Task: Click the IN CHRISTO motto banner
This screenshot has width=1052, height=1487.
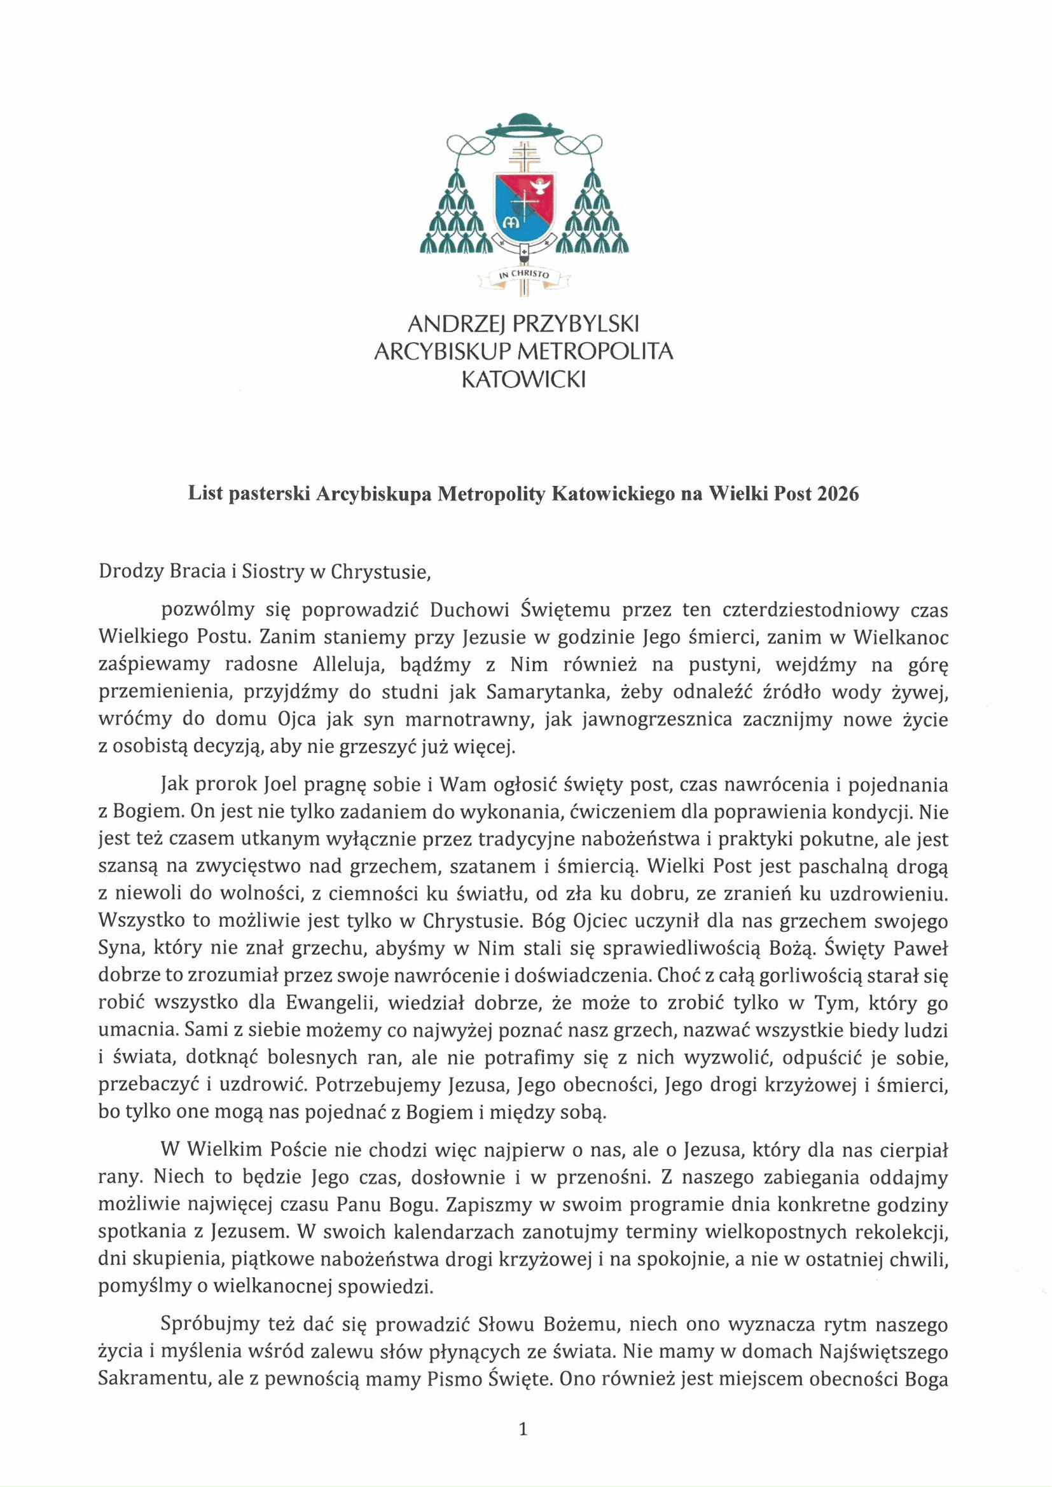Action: point(523,275)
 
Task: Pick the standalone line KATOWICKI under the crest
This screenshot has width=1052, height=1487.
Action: point(523,380)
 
